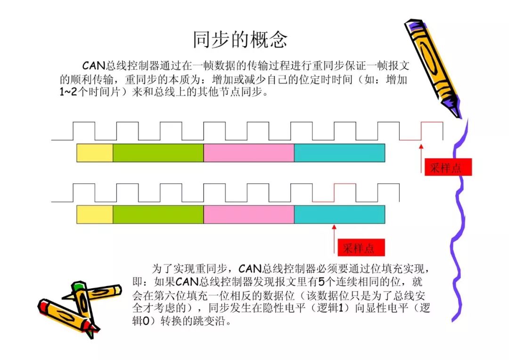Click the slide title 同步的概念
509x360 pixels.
click(x=240, y=40)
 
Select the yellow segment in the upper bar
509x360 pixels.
click(x=95, y=153)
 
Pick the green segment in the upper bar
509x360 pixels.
click(x=158, y=153)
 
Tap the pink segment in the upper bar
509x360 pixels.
click(x=248, y=153)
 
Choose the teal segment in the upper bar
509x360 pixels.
click(x=339, y=153)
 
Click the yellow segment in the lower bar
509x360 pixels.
click(x=95, y=214)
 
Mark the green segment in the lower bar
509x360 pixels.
click(x=158, y=214)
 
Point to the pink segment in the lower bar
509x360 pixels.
click(x=248, y=214)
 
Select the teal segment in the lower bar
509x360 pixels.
click(x=339, y=214)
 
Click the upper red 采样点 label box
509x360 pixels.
click(x=448, y=167)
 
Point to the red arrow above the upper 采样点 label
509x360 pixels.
click(x=421, y=158)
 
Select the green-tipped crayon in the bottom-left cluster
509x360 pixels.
click(x=82, y=302)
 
